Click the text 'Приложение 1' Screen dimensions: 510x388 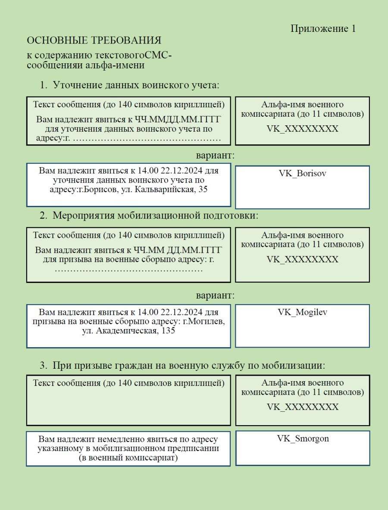(x=323, y=28)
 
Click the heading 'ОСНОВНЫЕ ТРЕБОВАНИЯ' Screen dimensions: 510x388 (x=94, y=40)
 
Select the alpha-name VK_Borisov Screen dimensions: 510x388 (x=302, y=173)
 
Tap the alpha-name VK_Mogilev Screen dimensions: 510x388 (x=302, y=312)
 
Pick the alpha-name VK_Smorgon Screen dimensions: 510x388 (x=303, y=438)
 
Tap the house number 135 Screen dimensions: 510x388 (x=168, y=331)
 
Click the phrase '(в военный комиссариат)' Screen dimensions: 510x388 (x=128, y=457)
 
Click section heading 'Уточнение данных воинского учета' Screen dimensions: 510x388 (x=136, y=85)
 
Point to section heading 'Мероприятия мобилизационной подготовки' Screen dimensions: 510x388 (x=155, y=215)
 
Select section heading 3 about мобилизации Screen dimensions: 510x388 (x=188, y=366)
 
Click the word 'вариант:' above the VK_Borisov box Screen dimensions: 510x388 (x=215, y=155)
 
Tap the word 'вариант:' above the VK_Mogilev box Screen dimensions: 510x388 (x=215, y=296)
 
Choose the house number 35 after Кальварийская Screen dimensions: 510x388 (x=202, y=189)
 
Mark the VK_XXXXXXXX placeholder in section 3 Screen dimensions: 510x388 (x=302, y=407)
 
